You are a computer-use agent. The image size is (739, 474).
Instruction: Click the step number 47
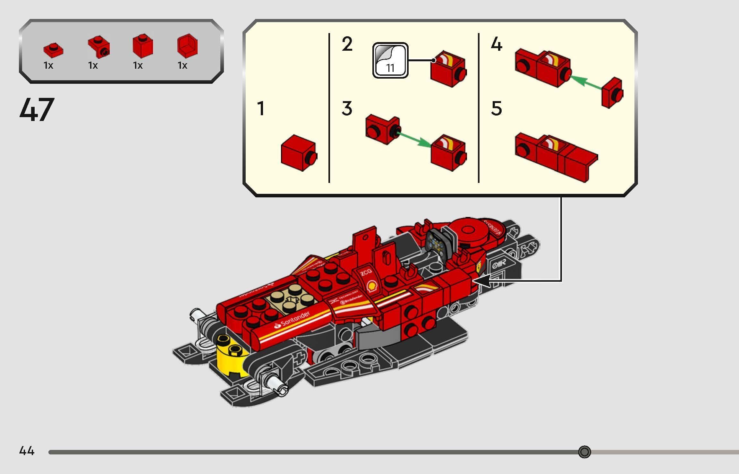click(x=37, y=110)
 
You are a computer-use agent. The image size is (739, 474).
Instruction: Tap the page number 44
click(x=27, y=451)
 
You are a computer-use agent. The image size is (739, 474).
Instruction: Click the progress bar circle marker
click(x=584, y=452)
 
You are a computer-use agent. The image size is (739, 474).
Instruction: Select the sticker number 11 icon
click(x=390, y=60)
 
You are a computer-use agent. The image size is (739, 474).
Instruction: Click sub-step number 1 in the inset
click(x=261, y=108)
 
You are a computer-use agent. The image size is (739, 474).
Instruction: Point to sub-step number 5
click(x=496, y=108)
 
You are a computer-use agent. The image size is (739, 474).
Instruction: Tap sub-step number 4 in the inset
click(x=496, y=44)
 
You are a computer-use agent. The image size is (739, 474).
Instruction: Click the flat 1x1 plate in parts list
click(x=53, y=50)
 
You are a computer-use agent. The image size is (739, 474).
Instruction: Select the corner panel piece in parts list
click(x=187, y=46)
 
